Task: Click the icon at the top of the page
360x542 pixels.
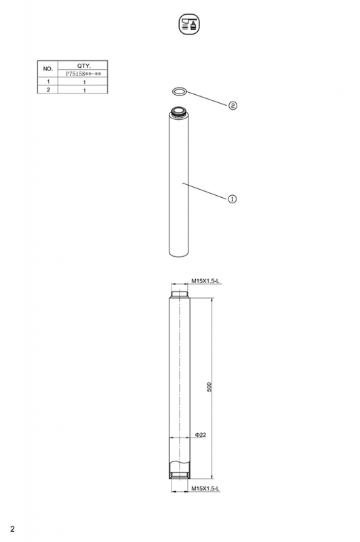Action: pyautogui.click(x=188, y=25)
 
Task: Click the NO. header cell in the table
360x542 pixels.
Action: pyautogui.click(x=47, y=68)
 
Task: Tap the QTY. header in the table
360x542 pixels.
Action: pyautogui.click(x=84, y=65)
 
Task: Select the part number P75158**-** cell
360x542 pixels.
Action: pyautogui.click(x=84, y=72)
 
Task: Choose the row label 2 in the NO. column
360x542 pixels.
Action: pyautogui.click(x=47, y=89)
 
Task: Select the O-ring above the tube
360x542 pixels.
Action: pyautogui.click(x=179, y=91)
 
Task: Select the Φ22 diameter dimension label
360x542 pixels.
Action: pyautogui.click(x=200, y=434)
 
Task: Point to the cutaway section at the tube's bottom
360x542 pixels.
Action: pyautogui.click(x=180, y=469)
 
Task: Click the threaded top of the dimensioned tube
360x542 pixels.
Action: pyautogui.click(x=180, y=294)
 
